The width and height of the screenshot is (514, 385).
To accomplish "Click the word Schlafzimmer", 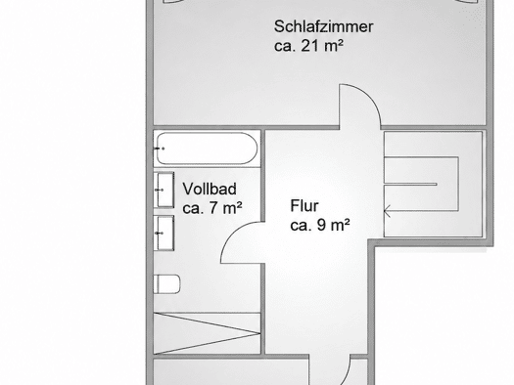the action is click(x=323, y=26).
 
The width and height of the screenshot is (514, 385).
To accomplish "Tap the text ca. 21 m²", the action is click(x=308, y=46).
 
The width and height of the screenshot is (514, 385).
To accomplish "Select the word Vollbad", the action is click(x=210, y=189).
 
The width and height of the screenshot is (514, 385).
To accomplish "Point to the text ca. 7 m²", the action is click(x=212, y=208).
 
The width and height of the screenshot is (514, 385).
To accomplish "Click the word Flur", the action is click(x=304, y=206).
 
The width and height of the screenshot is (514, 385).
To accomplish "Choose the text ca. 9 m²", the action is click(x=320, y=225).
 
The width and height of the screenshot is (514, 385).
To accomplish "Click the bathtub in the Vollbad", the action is click(x=207, y=149).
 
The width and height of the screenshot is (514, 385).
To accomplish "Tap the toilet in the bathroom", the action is click(x=166, y=284).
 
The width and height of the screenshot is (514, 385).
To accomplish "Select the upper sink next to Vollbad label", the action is click(x=164, y=190).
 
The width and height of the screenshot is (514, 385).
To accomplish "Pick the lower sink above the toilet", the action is click(x=164, y=233).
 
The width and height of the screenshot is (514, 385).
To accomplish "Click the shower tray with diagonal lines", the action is click(x=207, y=333).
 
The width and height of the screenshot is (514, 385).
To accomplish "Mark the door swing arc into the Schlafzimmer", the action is click(x=369, y=96).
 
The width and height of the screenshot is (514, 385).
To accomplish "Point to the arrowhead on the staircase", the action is click(x=387, y=211).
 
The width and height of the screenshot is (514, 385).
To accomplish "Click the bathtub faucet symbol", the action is click(x=160, y=149).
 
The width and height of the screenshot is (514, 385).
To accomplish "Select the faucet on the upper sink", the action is click(x=160, y=190).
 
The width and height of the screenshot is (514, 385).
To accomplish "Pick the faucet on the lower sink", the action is click(x=160, y=233).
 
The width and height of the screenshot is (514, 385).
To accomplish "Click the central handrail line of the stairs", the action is click(x=410, y=184).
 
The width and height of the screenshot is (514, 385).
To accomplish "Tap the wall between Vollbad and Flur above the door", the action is click(x=263, y=176).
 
